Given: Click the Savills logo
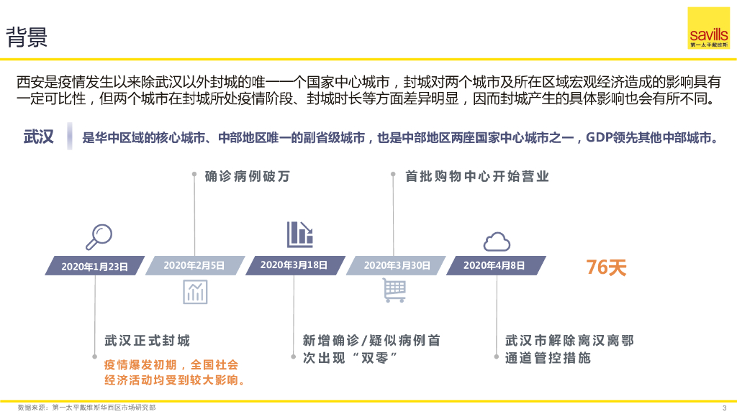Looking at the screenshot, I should [x=708, y=28].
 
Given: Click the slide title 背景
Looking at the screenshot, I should [x=27, y=37].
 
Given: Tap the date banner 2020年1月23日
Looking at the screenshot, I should [x=94, y=266].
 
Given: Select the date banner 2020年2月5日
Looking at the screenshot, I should [x=194, y=265].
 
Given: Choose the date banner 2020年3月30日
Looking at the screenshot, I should [x=396, y=265].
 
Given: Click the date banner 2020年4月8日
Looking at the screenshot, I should [x=494, y=265].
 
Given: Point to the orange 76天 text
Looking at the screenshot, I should [x=606, y=267].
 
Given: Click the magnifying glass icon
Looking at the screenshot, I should [x=98, y=236].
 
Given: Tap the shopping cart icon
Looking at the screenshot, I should [x=394, y=290].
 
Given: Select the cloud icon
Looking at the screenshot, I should [x=496, y=241].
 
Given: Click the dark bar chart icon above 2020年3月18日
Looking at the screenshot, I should [x=299, y=234].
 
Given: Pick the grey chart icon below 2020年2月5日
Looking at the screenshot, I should [x=195, y=291].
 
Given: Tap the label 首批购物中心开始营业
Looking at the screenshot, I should [x=477, y=176].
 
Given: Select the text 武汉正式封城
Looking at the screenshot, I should [x=147, y=340].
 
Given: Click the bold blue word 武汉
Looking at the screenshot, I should [x=39, y=137].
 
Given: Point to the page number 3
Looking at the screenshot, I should [x=724, y=408].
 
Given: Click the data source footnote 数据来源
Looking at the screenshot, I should [x=86, y=408].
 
